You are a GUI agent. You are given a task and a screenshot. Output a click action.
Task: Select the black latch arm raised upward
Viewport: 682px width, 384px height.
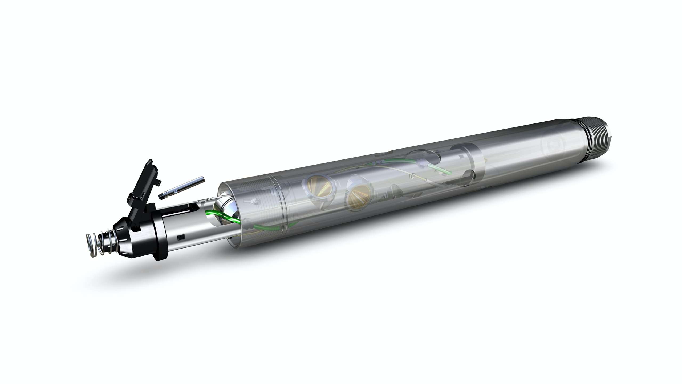145,181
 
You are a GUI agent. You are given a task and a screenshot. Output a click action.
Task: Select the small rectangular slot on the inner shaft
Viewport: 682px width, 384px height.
182,237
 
